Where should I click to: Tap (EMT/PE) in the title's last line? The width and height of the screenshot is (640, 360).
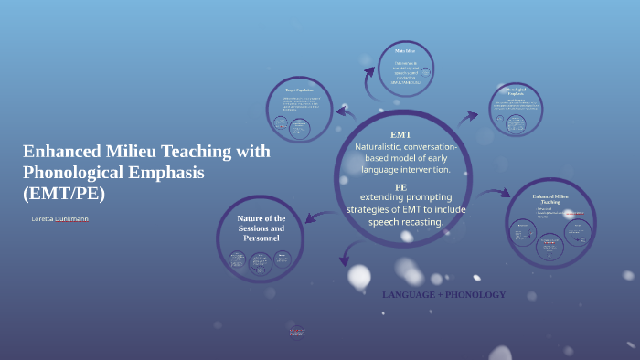click(64, 193)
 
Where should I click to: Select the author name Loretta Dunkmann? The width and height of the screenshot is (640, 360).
click(59, 219)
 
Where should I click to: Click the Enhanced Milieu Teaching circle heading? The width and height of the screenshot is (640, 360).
click(550, 199)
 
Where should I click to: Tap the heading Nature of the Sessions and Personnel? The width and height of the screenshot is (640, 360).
click(261, 228)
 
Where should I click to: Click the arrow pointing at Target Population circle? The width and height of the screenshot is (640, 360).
click(345, 112)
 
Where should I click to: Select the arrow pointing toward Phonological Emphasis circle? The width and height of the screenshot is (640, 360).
click(468, 117)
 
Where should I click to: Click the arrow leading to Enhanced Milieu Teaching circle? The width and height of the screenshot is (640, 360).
click(495, 193)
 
